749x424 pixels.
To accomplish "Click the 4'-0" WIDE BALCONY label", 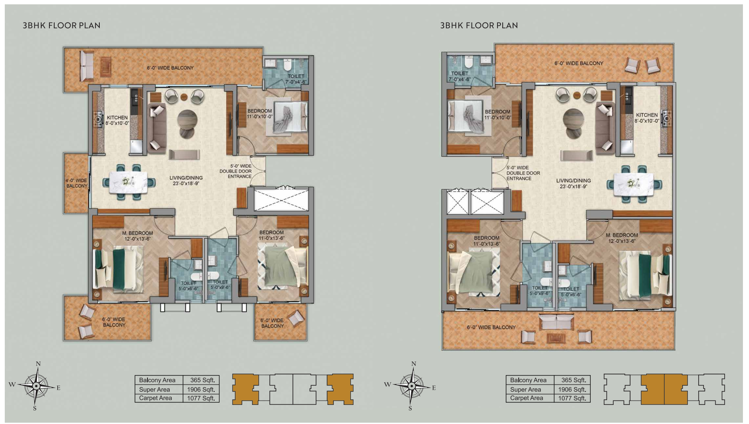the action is click(x=77, y=183).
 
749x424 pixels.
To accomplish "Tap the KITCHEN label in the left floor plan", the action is click(x=118, y=118).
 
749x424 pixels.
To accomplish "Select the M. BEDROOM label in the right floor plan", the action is click(x=622, y=235).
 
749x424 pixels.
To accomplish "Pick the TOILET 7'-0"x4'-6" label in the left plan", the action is click(x=296, y=79).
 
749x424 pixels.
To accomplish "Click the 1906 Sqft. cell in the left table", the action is click(x=201, y=389).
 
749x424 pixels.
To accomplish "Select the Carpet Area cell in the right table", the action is click(x=527, y=398).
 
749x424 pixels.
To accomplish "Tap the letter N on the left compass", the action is click(x=38, y=364).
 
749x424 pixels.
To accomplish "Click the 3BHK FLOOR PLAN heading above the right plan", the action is click(x=479, y=25).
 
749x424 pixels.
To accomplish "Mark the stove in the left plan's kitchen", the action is click(x=97, y=120).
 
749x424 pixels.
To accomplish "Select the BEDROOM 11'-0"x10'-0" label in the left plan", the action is click(x=260, y=114).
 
